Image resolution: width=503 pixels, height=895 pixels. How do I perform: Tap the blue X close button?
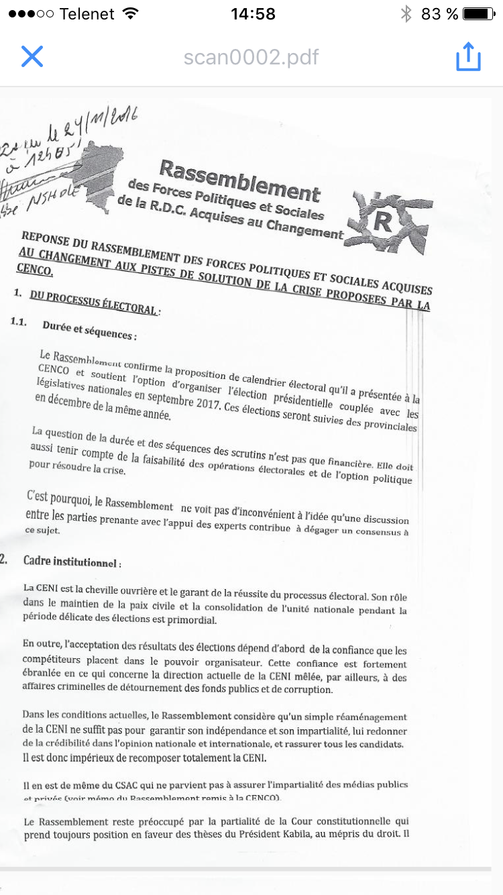[32, 56]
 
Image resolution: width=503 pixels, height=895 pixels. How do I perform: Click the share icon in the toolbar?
[468, 56]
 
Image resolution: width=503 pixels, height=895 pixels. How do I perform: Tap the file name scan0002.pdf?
[251, 57]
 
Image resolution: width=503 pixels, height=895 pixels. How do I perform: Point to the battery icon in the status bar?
[478, 14]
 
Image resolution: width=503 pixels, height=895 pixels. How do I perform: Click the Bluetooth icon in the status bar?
[406, 14]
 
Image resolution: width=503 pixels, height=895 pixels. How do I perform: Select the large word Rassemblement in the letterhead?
[239, 179]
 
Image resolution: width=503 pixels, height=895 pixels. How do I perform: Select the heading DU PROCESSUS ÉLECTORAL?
[93, 303]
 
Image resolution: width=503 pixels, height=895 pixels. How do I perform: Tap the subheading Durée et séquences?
[89, 329]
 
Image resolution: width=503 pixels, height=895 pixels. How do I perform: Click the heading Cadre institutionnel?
[71, 561]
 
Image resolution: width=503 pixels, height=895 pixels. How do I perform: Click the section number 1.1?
[19, 321]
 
